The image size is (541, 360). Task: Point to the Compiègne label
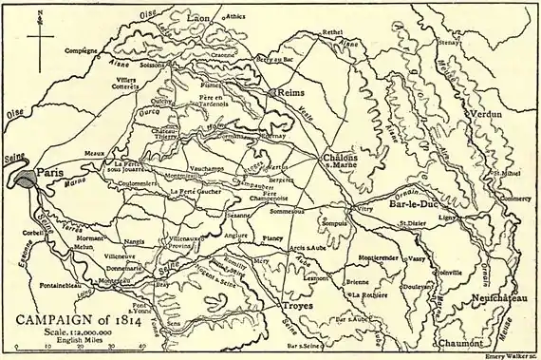pyautogui.click(x=77, y=49)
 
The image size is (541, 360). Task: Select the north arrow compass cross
pyautogui.click(x=40, y=38)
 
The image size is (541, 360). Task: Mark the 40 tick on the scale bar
pyautogui.click(x=141, y=348)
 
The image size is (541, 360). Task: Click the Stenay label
pyautogui.click(x=476, y=43)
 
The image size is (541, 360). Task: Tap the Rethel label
pyautogui.click(x=332, y=32)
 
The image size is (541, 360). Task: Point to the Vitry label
pyautogui.click(x=365, y=208)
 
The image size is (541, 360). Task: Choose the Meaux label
pyautogui.click(x=94, y=152)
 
